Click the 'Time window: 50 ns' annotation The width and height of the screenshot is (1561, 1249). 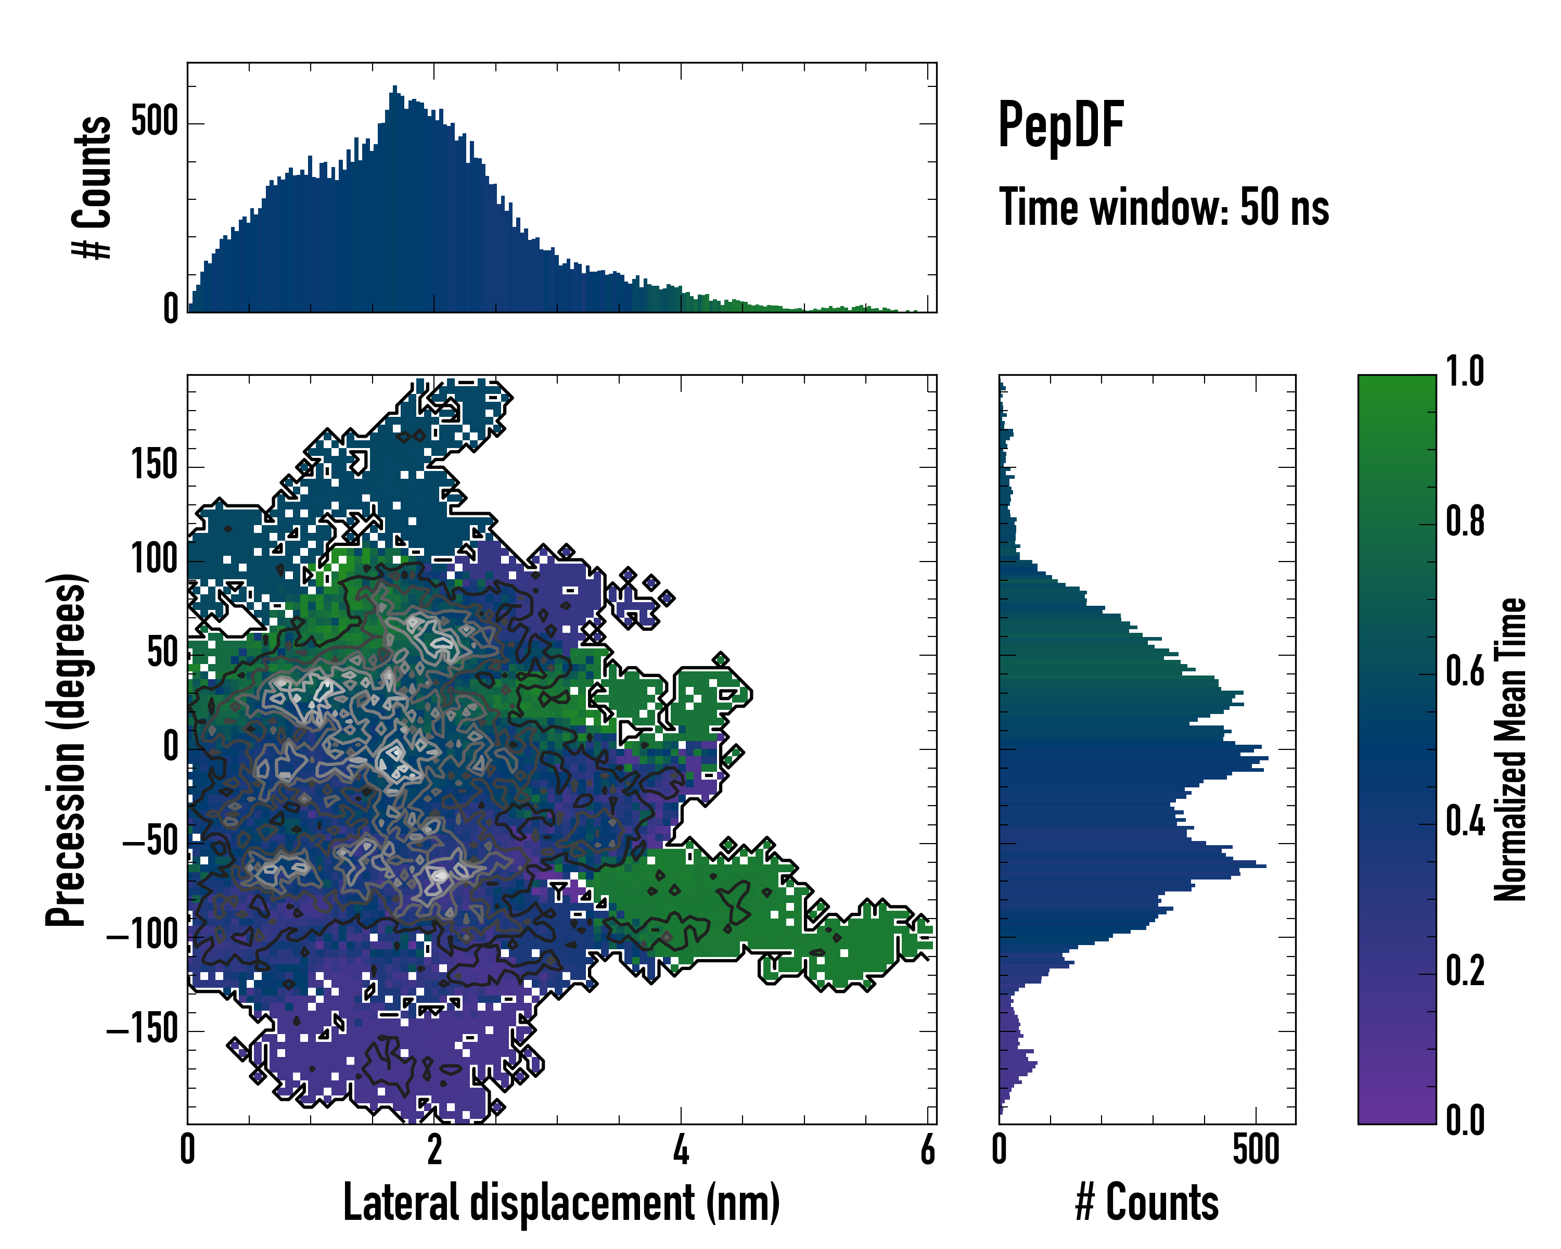click(1163, 208)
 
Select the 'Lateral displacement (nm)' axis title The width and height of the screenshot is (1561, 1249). click(561, 1203)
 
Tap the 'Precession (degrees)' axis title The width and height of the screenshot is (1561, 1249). click(67, 749)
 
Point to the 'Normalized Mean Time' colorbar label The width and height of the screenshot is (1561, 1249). click(1511, 749)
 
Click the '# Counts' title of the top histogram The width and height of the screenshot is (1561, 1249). click(93, 187)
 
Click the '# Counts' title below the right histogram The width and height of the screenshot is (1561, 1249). click(1147, 1203)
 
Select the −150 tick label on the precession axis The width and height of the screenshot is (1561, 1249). click(142, 1029)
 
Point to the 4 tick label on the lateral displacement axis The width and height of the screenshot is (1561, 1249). click(681, 1150)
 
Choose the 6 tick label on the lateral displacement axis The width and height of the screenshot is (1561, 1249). click(927, 1150)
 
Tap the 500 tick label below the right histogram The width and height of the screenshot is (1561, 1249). click(1256, 1150)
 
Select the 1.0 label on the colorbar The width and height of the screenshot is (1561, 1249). click(1465, 372)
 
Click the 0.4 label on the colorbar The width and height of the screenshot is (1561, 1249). click(1465, 823)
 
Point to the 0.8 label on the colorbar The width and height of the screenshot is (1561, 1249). click(1465, 522)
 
